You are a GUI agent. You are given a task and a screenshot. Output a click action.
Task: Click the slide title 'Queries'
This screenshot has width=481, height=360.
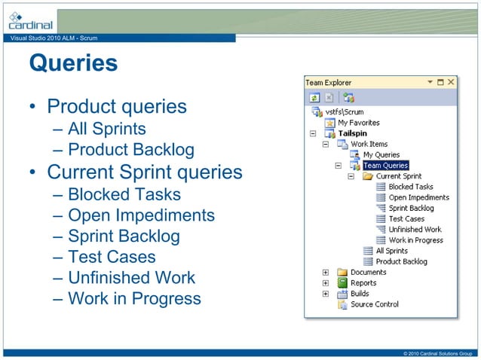click(73, 63)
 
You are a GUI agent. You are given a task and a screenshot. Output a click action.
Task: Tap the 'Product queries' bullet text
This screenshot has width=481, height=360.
click(116, 106)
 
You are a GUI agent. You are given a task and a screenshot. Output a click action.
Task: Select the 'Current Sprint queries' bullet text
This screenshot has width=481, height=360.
click(144, 172)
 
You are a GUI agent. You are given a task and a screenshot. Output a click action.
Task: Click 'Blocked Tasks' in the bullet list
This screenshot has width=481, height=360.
click(124, 194)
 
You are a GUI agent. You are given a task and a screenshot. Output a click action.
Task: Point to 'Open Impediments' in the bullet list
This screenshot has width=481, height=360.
click(141, 215)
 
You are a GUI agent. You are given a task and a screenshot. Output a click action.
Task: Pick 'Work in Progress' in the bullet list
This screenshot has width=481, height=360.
click(134, 298)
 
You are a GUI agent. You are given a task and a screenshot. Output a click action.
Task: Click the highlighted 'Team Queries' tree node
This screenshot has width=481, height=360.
click(385, 166)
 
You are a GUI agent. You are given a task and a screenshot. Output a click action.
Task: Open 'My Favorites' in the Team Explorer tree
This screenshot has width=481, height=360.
click(358, 123)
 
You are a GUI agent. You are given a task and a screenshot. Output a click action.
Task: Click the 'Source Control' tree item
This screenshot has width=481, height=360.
click(375, 304)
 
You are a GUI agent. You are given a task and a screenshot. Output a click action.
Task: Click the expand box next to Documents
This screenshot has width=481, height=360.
click(326, 273)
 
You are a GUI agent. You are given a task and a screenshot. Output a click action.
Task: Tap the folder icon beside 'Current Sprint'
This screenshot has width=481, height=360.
click(368, 176)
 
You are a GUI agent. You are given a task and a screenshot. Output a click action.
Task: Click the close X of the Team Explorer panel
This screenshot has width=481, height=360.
click(451, 81)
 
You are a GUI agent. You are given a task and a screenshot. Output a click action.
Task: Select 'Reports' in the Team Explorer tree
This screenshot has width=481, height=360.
click(363, 283)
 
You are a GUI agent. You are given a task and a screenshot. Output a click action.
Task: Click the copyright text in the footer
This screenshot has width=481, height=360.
click(437, 354)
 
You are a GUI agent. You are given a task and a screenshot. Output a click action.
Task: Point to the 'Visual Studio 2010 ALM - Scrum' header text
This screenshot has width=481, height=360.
click(49, 38)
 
